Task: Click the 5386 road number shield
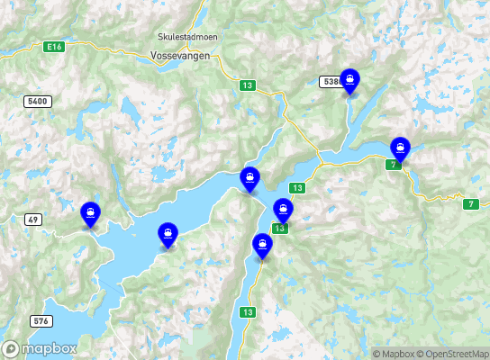(x=331, y=82)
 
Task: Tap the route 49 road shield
(x=32, y=219)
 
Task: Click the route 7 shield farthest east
(x=470, y=204)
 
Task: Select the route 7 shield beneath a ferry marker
(x=393, y=165)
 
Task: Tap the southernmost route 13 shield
(x=246, y=312)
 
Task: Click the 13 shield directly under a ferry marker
(x=281, y=229)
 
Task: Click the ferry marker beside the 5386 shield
(x=349, y=81)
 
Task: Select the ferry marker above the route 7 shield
(x=399, y=148)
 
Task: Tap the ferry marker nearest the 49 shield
(x=90, y=214)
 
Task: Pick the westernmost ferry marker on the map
(x=90, y=214)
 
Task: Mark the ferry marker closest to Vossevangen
(x=250, y=179)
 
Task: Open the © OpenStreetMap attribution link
(x=456, y=354)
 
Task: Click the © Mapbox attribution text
(x=397, y=354)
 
